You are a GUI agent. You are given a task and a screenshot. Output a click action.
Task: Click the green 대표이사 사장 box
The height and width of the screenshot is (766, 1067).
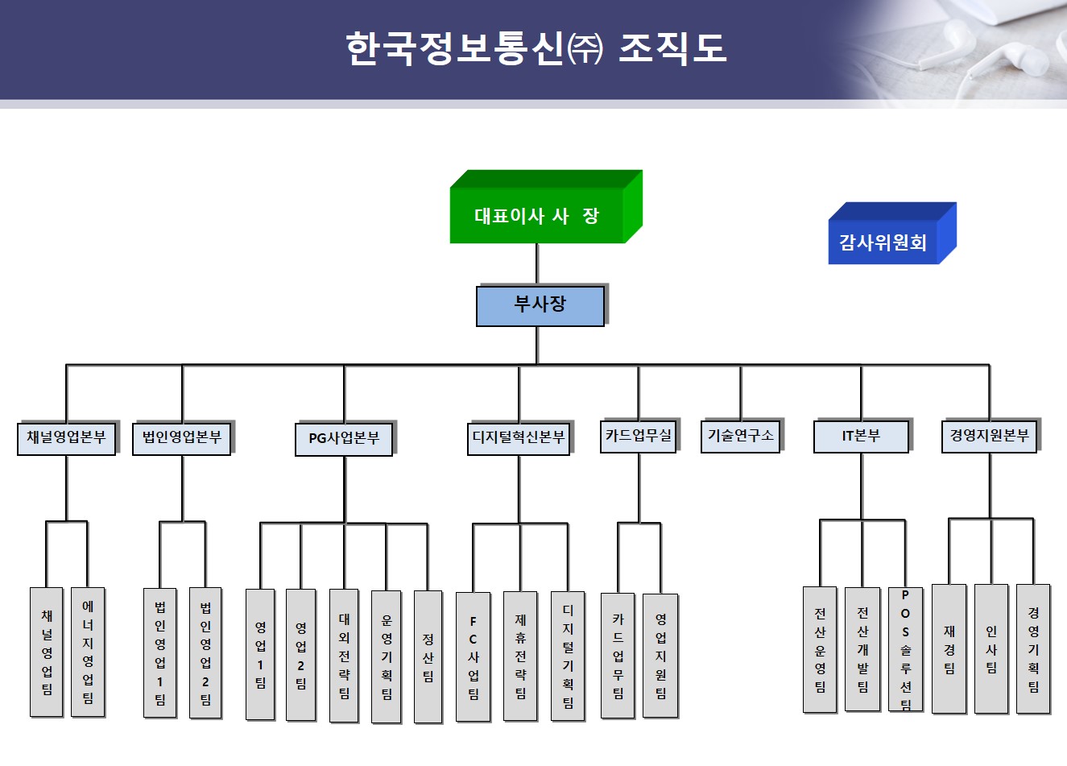(x=537, y=215)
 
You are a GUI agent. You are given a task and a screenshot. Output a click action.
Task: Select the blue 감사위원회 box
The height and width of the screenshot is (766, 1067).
(x=883, y=242)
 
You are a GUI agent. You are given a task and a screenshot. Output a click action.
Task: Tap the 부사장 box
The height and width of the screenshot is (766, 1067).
(x=540, y=305)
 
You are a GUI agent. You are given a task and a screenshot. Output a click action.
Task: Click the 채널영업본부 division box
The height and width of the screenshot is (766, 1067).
(x=66, y=438)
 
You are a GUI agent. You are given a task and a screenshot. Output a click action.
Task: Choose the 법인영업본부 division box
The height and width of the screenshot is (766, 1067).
(x=181, y=438)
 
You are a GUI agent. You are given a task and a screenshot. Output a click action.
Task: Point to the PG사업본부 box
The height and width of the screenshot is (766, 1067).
(x=344, y=439)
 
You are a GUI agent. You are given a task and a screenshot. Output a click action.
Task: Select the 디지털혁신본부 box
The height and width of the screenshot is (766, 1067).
(x=519, y=438)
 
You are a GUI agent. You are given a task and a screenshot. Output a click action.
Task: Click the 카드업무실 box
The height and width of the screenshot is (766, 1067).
(x=639, y=436)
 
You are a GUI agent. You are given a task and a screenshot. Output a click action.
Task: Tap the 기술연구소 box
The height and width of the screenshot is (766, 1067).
(x=740, y=436)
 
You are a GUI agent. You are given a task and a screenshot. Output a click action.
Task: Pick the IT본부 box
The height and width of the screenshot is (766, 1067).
(x=861, y=436)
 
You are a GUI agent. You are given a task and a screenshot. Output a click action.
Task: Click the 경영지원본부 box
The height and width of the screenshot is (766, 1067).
(x=989, y=436)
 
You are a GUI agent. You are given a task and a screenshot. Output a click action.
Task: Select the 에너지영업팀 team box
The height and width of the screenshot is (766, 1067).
(x=88, y=652)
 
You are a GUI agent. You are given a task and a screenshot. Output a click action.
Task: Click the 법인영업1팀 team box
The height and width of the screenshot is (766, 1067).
(x=159, y=652)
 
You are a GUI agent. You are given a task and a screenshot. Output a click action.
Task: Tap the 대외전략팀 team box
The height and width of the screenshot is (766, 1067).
(x=344, y=655)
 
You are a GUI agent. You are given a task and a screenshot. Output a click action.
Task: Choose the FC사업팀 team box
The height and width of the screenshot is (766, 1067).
(x=473, y=656)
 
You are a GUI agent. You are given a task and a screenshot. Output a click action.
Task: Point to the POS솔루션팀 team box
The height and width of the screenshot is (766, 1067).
(x=905, y=649)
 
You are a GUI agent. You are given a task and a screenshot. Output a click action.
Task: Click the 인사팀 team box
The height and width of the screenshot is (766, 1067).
(x=990, y=648)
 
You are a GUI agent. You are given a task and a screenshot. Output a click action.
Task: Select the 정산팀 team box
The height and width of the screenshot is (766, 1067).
(x=428, y=656)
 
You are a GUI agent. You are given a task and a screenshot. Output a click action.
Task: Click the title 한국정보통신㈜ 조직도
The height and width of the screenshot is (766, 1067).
(x=536, y=48)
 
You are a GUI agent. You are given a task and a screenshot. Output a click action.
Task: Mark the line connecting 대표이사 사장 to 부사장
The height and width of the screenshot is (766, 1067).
(x=537, y=264)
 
